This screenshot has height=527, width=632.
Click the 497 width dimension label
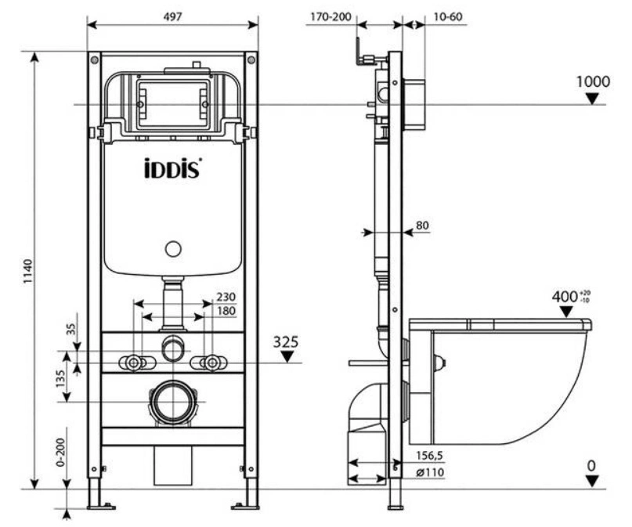[172, 16]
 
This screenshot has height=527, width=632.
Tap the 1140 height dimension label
[27, 272]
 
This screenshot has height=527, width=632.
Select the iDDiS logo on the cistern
[172, 168]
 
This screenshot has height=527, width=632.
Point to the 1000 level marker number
[593, 81]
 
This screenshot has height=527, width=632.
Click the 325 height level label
[286, 342]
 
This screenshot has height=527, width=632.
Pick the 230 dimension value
[226, 297]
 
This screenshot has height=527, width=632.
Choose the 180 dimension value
[226, 311]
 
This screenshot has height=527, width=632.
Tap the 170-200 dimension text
[331, 16]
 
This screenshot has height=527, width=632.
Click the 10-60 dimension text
[448, 16]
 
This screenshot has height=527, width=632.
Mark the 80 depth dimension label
[422, 225]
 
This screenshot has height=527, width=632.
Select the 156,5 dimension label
[429, 456]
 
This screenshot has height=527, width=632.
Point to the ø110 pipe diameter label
[430, 472]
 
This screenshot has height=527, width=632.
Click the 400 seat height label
[565, 297]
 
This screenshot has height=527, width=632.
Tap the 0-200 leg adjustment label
[60, 453]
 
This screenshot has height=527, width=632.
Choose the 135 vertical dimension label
[60, 379]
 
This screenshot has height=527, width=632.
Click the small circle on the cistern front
[173, 249]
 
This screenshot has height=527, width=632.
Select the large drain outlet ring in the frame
[173, 402]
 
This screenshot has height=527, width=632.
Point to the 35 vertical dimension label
[71, 329]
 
